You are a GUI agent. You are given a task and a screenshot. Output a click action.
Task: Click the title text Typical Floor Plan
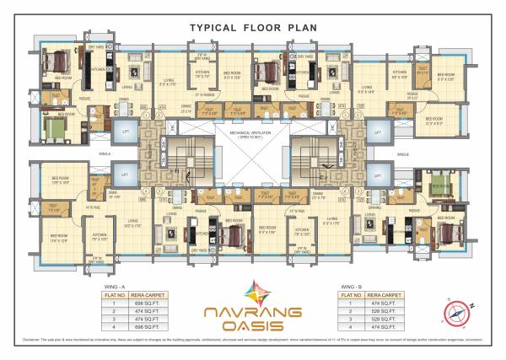click(x=253, y=26)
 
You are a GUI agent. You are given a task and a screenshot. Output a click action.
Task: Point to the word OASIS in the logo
click(x=253, y=327)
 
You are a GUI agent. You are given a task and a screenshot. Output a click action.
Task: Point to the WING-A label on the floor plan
click(x=105, y=154)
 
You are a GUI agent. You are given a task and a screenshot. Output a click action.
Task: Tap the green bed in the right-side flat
click(x=440, y=183)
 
